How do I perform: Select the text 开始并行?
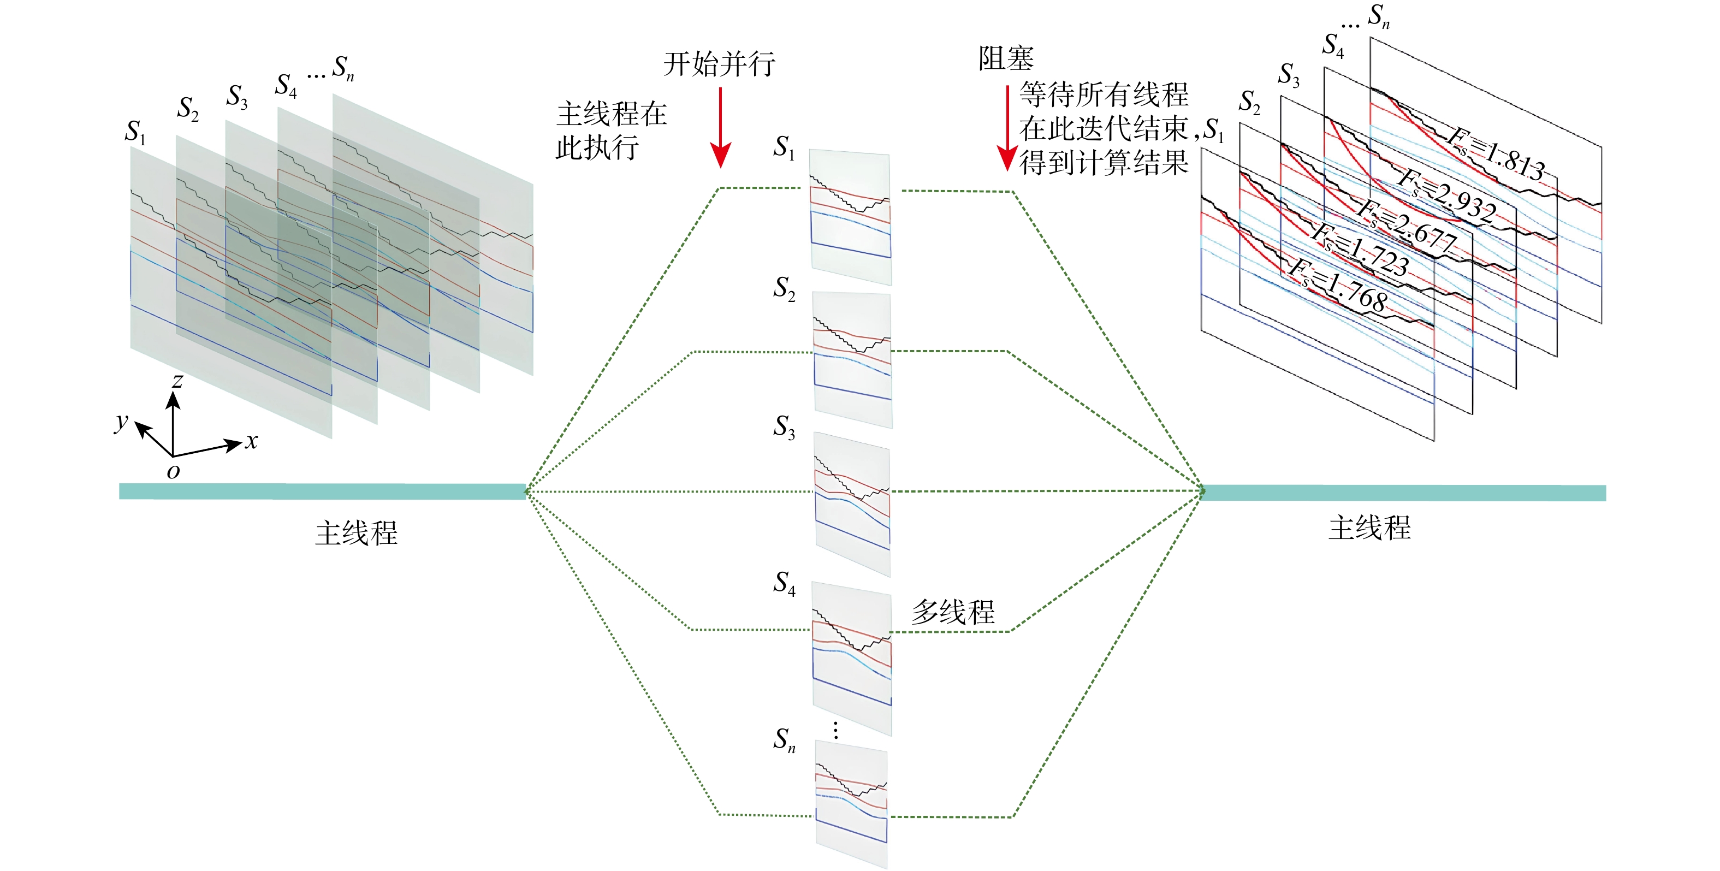(719, 64)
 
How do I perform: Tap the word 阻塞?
(1006, 59)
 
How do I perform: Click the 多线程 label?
(953, 612)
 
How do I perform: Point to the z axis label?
(177, 381)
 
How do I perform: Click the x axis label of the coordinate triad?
(251, 441)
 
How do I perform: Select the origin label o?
(174, 472)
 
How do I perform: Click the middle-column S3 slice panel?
(853, 504)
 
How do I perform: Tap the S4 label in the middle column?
(785, 583)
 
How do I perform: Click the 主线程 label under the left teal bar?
(357, 533)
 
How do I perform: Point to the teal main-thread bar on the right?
(1402, 493)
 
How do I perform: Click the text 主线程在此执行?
(610, 131)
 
